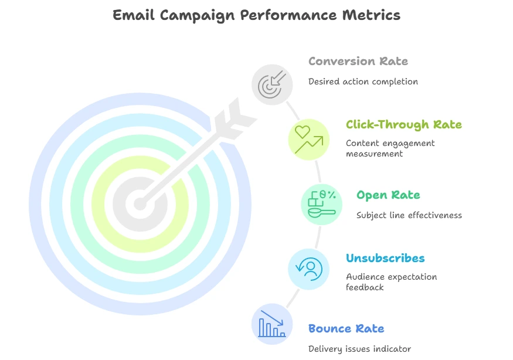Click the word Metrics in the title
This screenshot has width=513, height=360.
371,15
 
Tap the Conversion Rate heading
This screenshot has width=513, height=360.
358,61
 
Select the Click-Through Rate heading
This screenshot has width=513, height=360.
404,124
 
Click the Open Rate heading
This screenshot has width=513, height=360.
388,195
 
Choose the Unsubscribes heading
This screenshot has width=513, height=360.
385,258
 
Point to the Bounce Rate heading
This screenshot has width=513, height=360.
346,328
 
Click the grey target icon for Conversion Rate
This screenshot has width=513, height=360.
272,85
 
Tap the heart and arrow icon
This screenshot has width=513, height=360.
308,140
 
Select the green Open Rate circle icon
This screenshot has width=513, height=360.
322,205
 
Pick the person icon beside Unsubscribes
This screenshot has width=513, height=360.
308,269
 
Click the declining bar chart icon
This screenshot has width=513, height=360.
272,324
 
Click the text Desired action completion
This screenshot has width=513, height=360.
363,82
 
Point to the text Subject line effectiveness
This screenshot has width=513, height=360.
409,215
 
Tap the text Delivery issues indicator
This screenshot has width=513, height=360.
359,349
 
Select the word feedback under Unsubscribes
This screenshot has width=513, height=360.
365,287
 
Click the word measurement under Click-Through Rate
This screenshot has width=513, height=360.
374,154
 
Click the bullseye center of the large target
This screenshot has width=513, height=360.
140,204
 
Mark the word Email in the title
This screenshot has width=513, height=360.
133,15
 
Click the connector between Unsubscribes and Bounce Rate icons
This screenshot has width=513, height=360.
293,298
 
